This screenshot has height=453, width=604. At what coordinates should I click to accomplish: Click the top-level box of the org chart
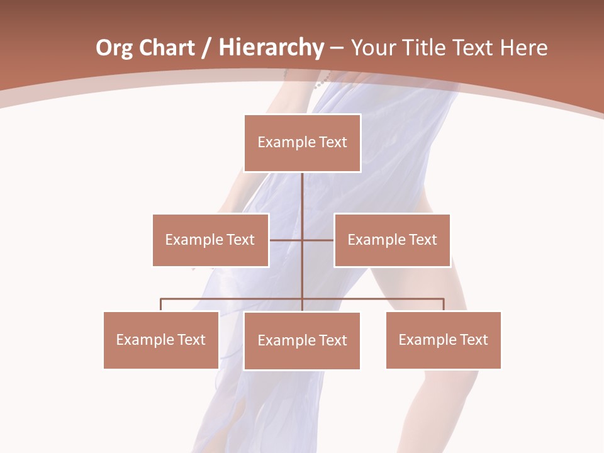pos(302,143)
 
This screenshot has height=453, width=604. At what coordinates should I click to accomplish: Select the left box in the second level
pos(210,240)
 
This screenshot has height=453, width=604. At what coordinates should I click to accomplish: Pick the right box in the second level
pos(392,240)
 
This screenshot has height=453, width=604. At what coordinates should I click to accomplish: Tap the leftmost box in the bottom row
pos(160,340)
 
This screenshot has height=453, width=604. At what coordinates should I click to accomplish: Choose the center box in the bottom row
pos(302,340)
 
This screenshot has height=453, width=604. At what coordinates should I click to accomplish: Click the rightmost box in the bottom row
pos(443,340)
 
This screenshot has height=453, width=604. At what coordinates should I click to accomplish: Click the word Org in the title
pos(114,48)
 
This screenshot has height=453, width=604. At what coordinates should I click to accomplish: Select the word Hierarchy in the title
pos(271,48)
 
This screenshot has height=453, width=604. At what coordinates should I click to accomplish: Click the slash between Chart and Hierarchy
pos(207,48)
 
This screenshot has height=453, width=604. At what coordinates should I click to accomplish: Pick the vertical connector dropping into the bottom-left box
pos(160,305)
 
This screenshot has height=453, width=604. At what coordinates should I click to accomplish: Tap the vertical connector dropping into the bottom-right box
pos(444,305)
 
